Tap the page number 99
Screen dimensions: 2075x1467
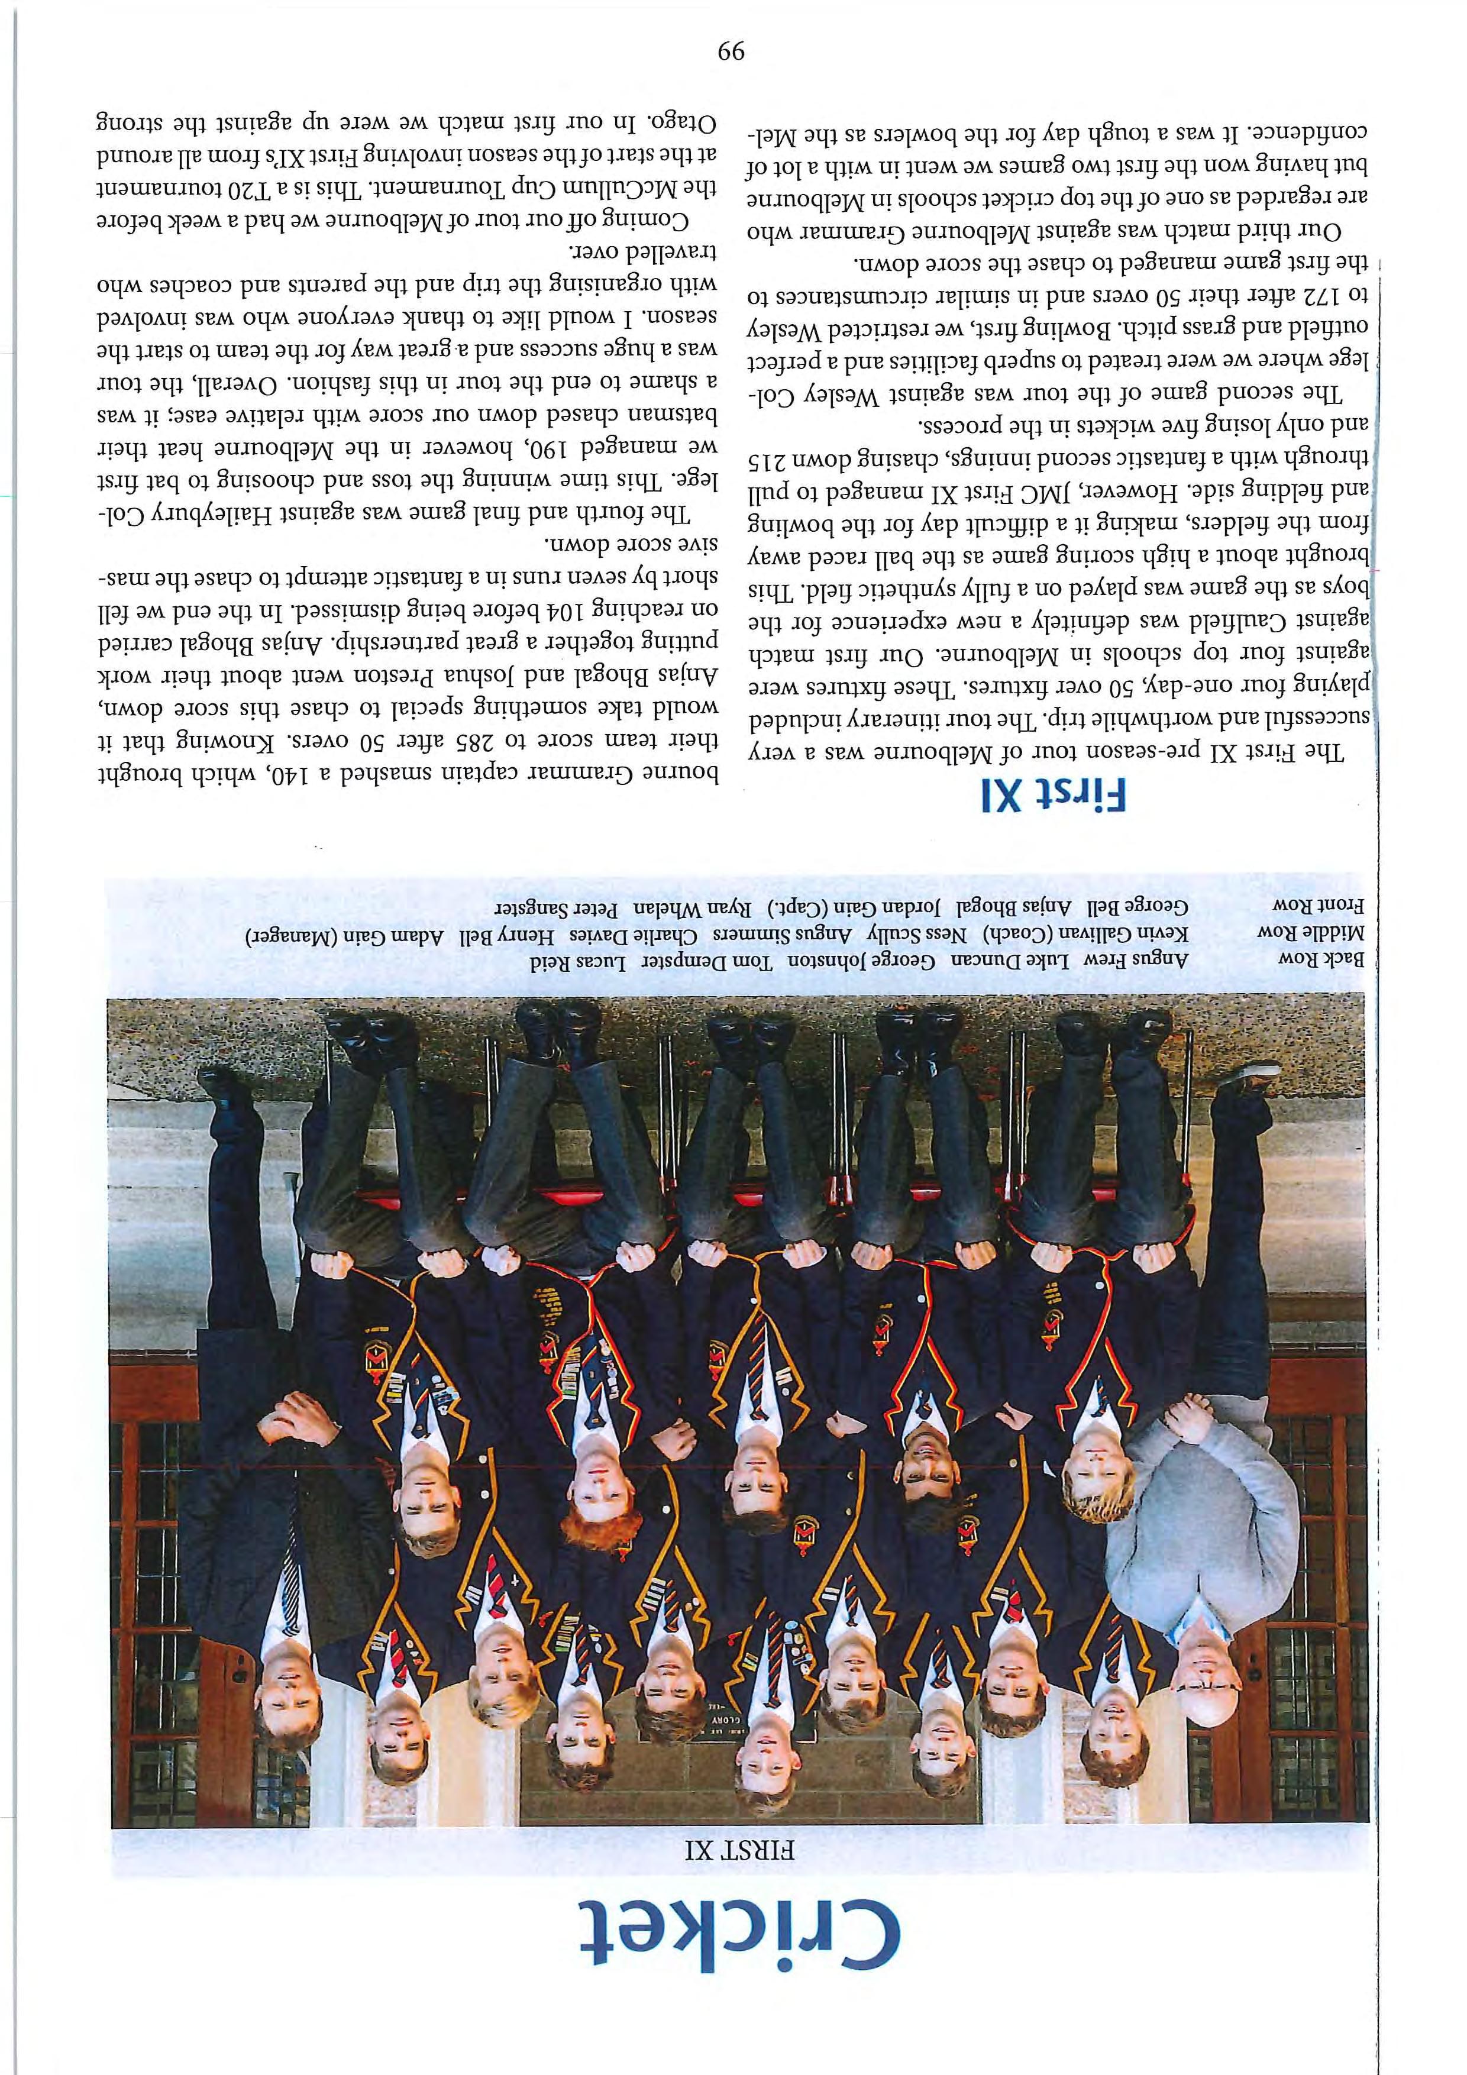729,51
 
